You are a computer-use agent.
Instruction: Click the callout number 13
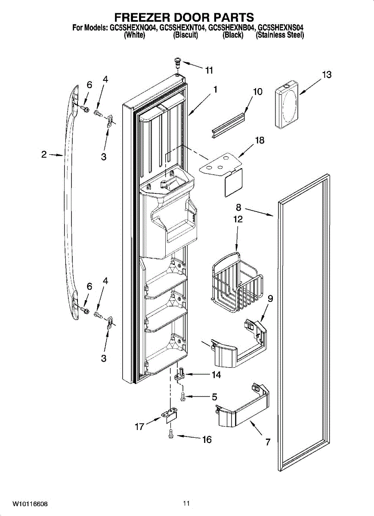[x=327, y=75]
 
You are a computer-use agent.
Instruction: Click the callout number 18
[x=259, y=141]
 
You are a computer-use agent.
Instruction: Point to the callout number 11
[x=209, y=71]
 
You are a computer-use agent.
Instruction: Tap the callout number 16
[x=207, y=439]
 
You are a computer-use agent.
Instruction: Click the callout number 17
[x=139, y=427]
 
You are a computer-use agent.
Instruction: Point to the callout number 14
[x=216, y=375]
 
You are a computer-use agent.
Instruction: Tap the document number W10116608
[x=30, y=504]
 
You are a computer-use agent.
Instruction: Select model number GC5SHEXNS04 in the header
[x=281, y=28]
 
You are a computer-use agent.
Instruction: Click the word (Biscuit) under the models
[x=185, y=36]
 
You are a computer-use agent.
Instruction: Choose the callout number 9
[x=270, y=298]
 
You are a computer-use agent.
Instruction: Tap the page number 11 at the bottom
[x=186, y=504]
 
